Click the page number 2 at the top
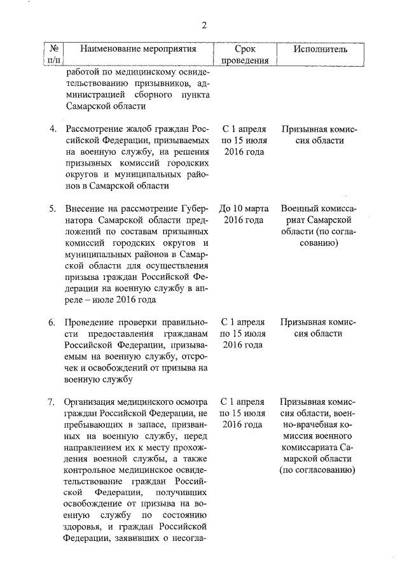tap(204, 25)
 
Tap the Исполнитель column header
tap(320, 48)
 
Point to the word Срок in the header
tap(245, 48)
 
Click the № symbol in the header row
tap(54, 48)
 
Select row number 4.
tap(53, 129)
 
